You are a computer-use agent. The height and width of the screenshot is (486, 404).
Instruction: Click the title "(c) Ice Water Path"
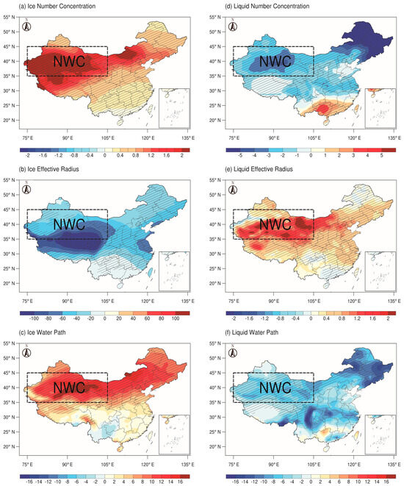point(34,333)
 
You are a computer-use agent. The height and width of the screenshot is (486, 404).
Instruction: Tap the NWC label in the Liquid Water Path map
point(274,387)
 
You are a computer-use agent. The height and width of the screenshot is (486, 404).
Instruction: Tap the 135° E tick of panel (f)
point(393,465)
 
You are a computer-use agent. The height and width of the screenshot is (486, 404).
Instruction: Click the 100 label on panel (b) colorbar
point(176,321)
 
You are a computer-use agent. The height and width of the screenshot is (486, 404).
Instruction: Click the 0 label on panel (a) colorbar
point(105,157)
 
